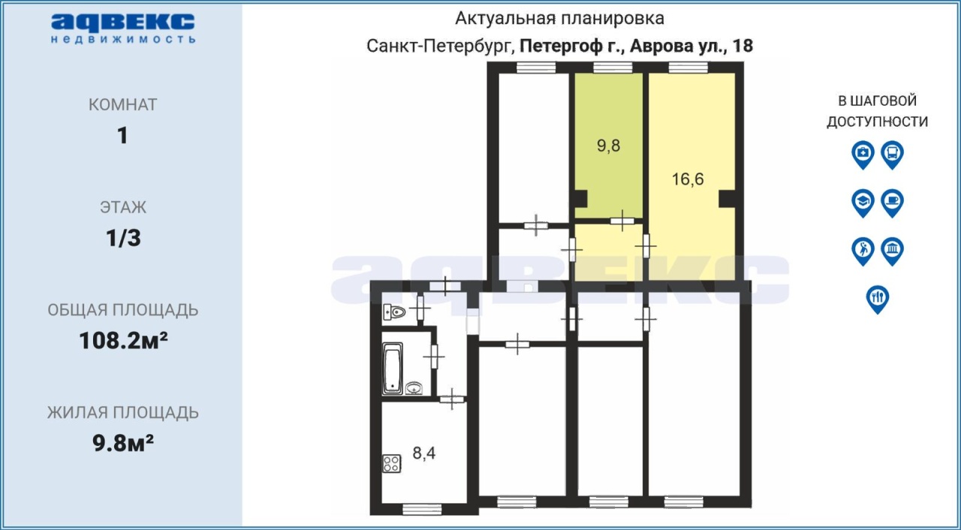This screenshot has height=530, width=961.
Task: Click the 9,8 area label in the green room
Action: (x=608, y=146)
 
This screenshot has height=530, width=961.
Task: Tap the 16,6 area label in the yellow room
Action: (x=687, y=179)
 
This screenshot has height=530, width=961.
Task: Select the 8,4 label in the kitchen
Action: (x=424, y=453)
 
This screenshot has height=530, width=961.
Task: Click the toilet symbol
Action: (x=394, y=312)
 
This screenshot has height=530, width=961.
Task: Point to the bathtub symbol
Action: (x=393, y=368)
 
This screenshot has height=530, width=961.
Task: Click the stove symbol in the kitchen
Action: (x=392, y=463)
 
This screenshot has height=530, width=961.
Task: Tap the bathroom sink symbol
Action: (x=414, y=388)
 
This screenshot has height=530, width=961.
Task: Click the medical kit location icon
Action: (x=863, y=155)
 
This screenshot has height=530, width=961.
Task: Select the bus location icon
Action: (x=893, y=155)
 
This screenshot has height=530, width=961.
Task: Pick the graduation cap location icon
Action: (x=863, y=203)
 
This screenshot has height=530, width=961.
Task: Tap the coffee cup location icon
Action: (x=893, y=203)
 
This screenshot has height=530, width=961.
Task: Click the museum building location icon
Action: (x=893, y=251)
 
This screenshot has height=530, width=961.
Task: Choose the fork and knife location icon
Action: (x=878, y=300)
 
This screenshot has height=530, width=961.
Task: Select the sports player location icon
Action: (x=863, y=251)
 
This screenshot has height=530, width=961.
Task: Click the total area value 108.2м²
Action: (x=123, y=341)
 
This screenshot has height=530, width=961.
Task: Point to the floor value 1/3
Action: (x=123, y=238)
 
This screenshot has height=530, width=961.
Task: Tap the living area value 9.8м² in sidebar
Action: (x=123, y=444)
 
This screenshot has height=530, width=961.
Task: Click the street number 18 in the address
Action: (x=743, y=46)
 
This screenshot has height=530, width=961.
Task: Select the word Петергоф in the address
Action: (x=561, y=47)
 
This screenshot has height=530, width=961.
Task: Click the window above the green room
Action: (x=613, y=68)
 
